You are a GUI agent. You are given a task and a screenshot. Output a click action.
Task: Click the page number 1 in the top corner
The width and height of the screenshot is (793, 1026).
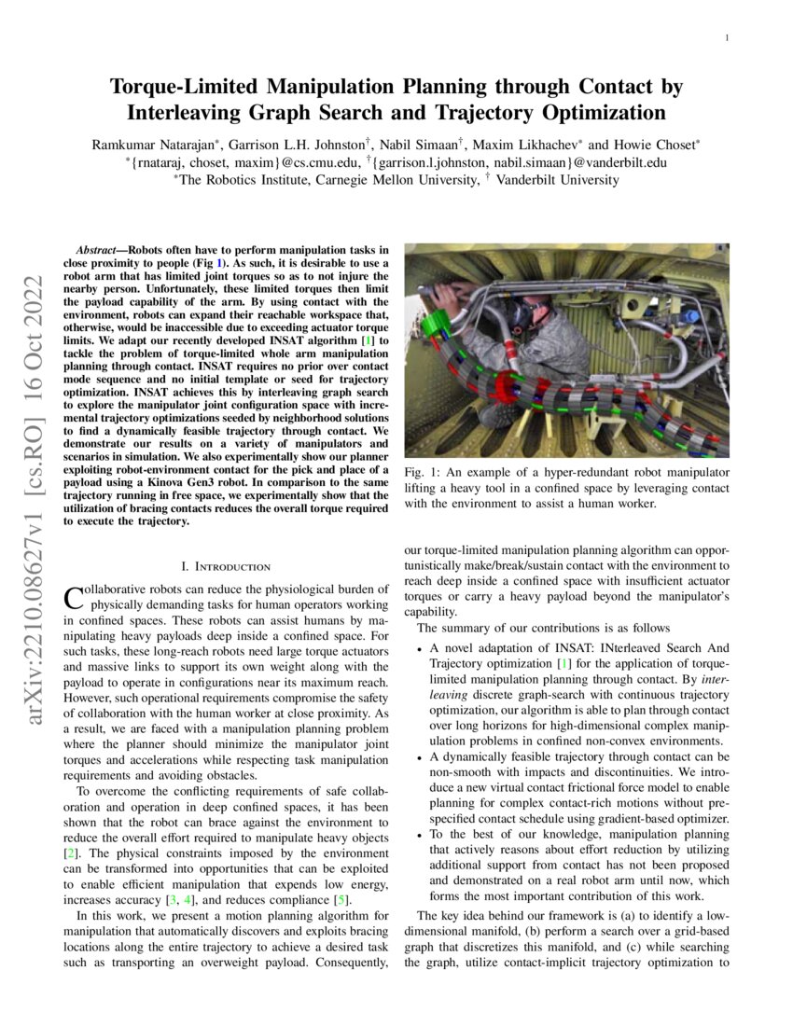(725, 38)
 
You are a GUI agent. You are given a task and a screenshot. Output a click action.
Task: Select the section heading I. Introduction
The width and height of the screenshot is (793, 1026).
(226, 566)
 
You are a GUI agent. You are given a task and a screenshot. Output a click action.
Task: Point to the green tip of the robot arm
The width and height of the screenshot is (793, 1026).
(436, 328)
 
